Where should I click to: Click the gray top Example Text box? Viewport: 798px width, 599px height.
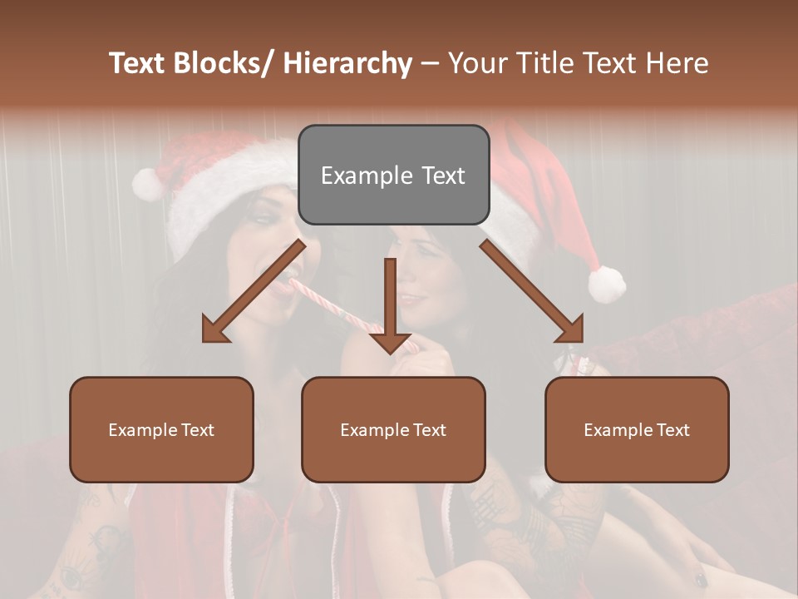393,175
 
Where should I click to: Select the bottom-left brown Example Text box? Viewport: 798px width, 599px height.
161,429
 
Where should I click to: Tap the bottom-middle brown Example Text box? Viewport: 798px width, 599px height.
393,429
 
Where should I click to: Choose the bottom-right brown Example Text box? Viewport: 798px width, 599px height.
637,429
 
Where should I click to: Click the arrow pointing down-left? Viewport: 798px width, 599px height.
254,291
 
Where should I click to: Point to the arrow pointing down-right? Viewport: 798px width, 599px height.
532,291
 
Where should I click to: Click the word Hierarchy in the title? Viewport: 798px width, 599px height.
347,63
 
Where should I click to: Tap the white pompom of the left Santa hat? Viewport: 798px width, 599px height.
148,183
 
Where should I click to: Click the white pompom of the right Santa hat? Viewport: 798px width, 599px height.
607,284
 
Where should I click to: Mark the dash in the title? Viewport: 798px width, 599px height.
430,64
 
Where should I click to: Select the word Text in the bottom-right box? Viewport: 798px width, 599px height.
672,429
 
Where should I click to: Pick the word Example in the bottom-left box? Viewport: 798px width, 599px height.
142,429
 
